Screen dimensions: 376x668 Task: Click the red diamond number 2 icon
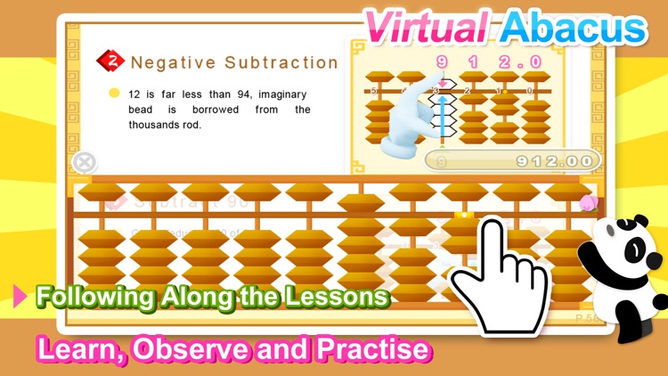click(x=112, y=61)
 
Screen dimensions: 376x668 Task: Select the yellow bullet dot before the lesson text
click(x=114, y=93)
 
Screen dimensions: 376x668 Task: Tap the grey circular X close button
click(x=84, y=162)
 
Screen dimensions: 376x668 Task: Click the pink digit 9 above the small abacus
click(x=440, y=61)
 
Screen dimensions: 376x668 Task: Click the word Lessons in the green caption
click(x=342, y=297)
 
